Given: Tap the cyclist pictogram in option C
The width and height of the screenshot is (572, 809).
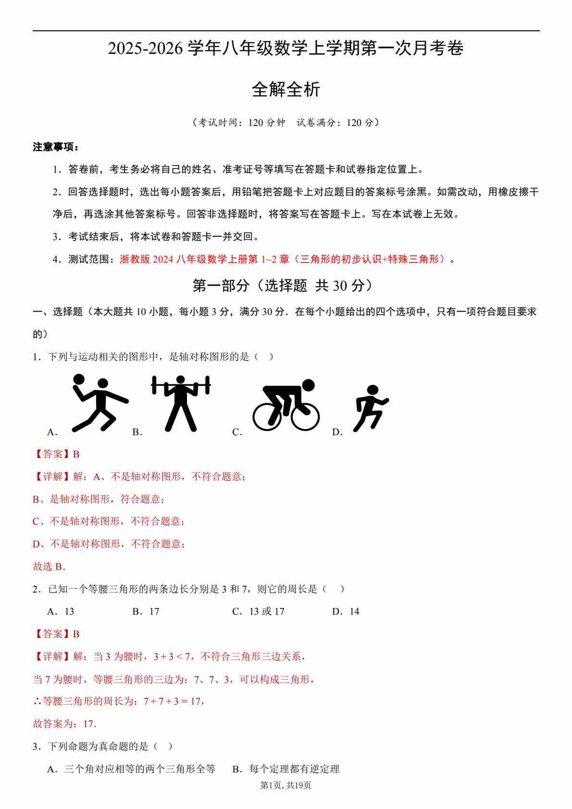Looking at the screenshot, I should point(286,405).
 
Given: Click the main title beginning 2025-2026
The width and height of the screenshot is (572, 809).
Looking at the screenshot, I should point(286,49).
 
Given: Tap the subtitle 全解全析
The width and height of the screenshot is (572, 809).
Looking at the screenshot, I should point(286,89).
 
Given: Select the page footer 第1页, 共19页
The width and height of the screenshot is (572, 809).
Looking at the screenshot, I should point(286,785).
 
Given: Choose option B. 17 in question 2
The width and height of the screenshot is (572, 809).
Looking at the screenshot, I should point(146,611).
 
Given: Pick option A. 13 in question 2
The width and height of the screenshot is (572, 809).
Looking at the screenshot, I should point(61,611).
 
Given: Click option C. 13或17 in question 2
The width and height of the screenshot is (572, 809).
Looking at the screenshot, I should point(258,611).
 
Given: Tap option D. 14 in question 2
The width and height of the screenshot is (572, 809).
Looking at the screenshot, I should point(346,611).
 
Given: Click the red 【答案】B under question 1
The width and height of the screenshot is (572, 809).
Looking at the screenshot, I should point(56,454).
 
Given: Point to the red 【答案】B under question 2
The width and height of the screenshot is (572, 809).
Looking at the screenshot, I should point(56,634).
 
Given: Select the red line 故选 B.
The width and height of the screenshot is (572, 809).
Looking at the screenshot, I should point(49,567).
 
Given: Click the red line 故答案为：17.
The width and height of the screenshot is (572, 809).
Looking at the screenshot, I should point(65,724).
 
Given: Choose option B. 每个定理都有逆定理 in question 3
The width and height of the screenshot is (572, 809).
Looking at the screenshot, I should point(286,769).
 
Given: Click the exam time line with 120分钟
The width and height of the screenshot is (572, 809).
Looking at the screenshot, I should point(286,123).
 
